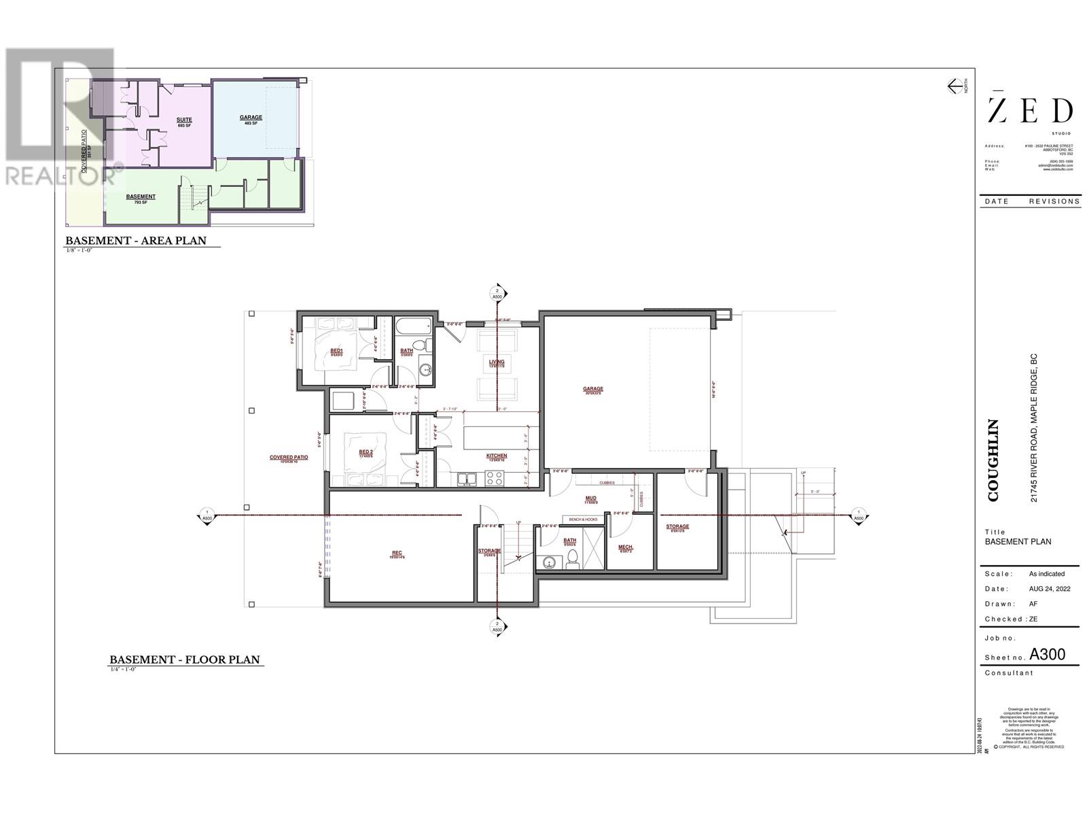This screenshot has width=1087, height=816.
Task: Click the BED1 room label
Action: click(x=336, y=352)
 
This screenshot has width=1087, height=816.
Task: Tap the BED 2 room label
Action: click(x=366, y=453)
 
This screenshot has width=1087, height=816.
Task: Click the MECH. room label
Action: click(x=626, y=548)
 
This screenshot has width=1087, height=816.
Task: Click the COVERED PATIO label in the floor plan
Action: click(x=289, y=458)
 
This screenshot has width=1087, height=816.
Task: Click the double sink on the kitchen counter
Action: click(x=467, y=479)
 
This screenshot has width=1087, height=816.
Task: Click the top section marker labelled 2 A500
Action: click(x=497, y=294)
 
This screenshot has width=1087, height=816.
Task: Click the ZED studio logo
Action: click(x=1029, y=111)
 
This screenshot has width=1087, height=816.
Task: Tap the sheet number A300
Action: click(x=1047, y=654)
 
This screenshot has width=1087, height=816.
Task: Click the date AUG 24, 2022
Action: click(x=1049, y=589)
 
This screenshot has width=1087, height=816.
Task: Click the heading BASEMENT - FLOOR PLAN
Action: click(x=185, y=660)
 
